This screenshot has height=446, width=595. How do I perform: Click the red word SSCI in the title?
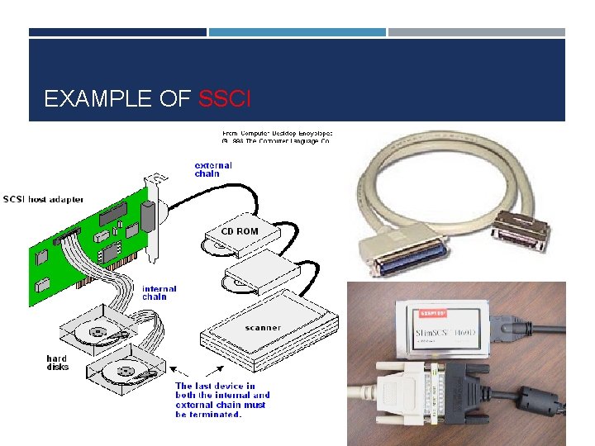click(x=225, y=100)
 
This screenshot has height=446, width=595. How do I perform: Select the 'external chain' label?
click(x=213, y=169)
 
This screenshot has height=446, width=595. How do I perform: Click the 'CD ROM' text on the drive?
click(x=239, y=231)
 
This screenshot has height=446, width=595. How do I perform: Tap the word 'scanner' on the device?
click(x=262, y=328)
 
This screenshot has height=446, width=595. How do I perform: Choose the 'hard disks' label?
click(x=58, y=363)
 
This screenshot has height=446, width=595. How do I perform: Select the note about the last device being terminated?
click(x=221, y=400)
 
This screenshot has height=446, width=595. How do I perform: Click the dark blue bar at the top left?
click(x=117, y=32)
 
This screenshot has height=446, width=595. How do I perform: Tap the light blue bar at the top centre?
click(x=297, y=32)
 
